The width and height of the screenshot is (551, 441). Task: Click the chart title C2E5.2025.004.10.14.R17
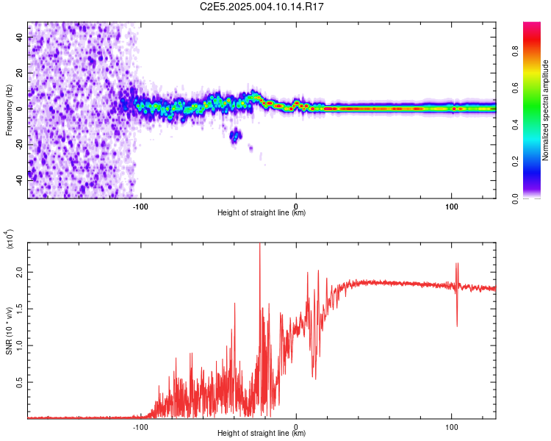262,7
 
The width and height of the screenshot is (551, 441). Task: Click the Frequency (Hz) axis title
9,110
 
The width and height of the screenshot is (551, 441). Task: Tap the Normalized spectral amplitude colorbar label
545,110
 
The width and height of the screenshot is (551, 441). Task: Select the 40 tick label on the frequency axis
19,37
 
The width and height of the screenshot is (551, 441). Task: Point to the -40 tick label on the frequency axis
19,180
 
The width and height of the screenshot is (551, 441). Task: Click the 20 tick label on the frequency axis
19,73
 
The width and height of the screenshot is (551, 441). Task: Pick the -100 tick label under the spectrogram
140,207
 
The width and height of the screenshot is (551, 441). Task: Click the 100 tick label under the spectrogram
452,207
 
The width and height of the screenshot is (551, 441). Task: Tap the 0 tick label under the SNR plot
296,427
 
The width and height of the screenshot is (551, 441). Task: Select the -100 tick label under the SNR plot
140,427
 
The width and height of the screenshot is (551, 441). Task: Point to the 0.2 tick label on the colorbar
515,161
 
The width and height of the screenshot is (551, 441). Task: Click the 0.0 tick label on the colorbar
515,198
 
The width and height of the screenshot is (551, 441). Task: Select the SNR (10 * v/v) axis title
9,331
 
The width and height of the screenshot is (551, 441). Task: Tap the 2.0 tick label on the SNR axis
19,272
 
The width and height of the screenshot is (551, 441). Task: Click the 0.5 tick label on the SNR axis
19,382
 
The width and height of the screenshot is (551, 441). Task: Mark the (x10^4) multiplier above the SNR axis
9,239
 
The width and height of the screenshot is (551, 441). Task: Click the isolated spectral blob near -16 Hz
235,135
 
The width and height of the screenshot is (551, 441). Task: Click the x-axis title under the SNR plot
262,433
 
